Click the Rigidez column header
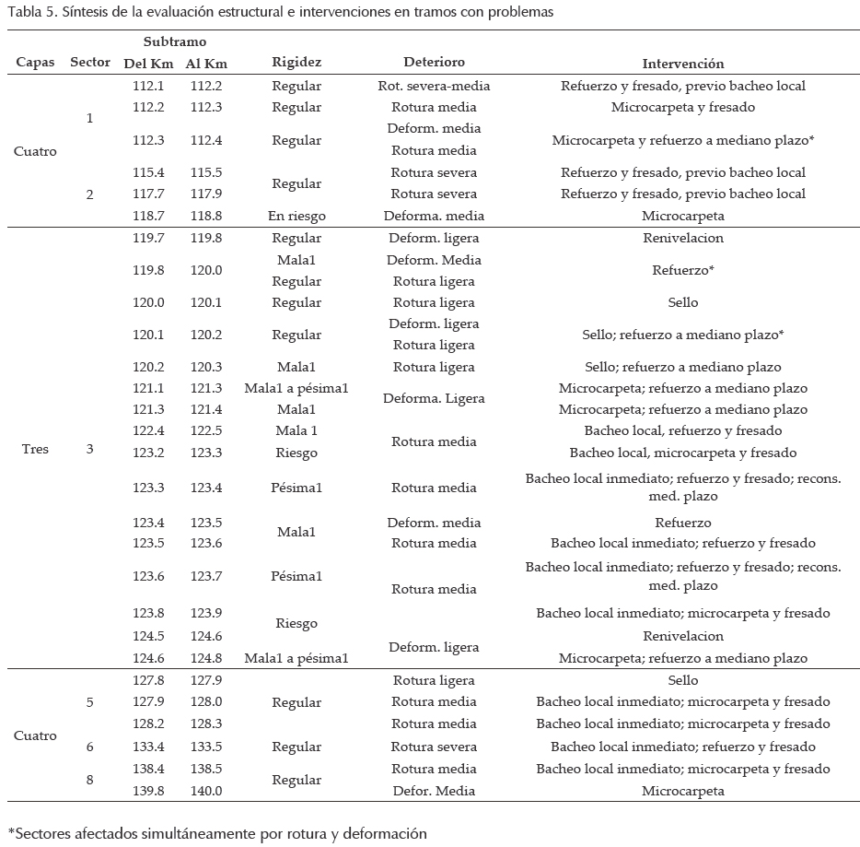tap(296, 64)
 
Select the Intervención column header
tap(682, 64)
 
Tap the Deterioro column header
tap(434, 63)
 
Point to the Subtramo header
tap(175, 43)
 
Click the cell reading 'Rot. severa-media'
tap(434, 86)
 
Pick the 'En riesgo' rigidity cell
tap(296, 216)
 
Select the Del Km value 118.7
tap(148, 216)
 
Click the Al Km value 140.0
tap(206, 791)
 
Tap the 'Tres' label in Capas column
tap(35, 450)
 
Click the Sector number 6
tap(89, 747)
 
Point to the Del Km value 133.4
tap(148, 747)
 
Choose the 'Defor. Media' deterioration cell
tap(434, 791)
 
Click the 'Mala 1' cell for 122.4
tap(296, 431)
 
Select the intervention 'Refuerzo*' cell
tap(682, 271)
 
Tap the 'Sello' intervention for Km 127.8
tap(682, 680)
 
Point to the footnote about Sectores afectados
tap(217, 833)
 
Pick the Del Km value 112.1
tap(148, 86)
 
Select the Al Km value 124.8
tap(206, 658)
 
